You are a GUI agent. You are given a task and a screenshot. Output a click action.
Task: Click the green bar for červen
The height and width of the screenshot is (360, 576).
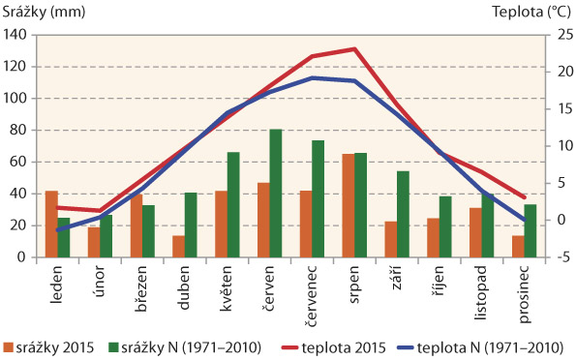click(276, 194)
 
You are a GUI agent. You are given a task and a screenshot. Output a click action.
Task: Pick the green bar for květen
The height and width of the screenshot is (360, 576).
click(233, 205)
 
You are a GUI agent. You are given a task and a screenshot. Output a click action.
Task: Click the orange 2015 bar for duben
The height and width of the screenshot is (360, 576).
click(178, 247)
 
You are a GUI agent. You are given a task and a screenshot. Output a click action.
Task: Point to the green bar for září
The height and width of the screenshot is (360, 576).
click(403, 215)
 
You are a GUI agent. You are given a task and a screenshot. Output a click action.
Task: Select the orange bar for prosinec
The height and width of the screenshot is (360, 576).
click(517, 247)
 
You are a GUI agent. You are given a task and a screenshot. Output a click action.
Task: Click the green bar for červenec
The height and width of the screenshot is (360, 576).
click(318, 199)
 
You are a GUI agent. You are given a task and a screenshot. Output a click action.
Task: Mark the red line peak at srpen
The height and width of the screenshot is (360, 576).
click(354, 48)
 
